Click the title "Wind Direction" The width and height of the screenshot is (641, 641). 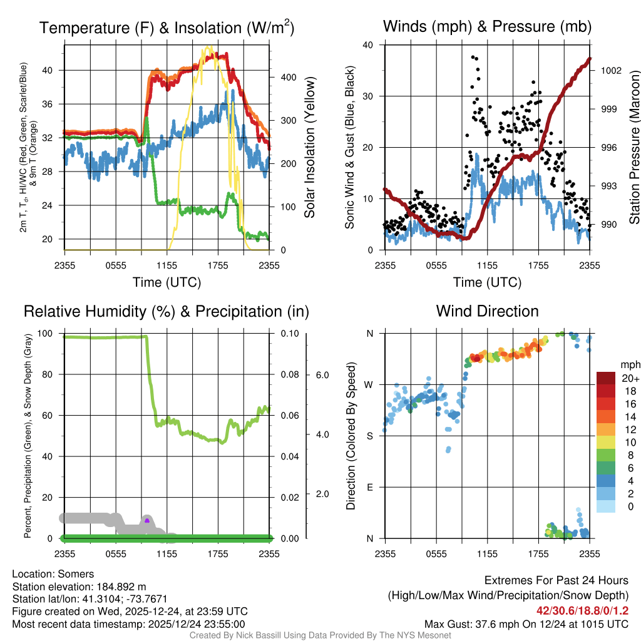(x=487, y=311)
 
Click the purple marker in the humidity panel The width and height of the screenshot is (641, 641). (x=146, y=520)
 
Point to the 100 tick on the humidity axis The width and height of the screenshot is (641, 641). (x=48, y=333)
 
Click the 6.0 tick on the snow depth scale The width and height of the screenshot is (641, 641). (x=322, y=375)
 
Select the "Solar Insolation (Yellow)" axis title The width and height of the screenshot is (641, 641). (x=309, y=148)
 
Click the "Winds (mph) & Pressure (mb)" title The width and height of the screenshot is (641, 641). (x=487, y=26)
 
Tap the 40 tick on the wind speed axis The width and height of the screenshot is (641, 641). (x=367, y=45)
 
